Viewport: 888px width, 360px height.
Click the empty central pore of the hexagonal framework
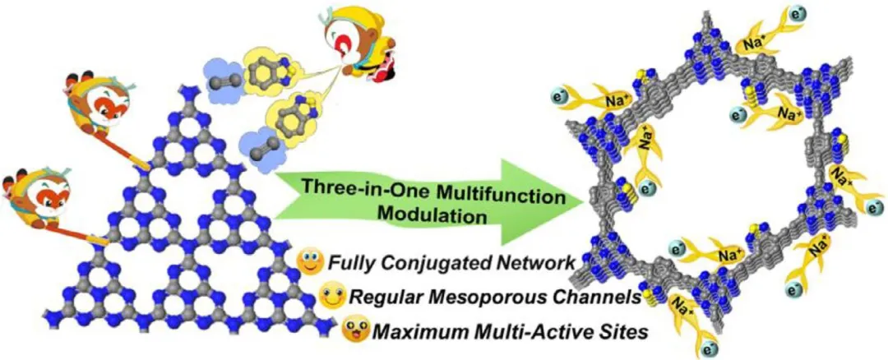click(724, 181)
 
